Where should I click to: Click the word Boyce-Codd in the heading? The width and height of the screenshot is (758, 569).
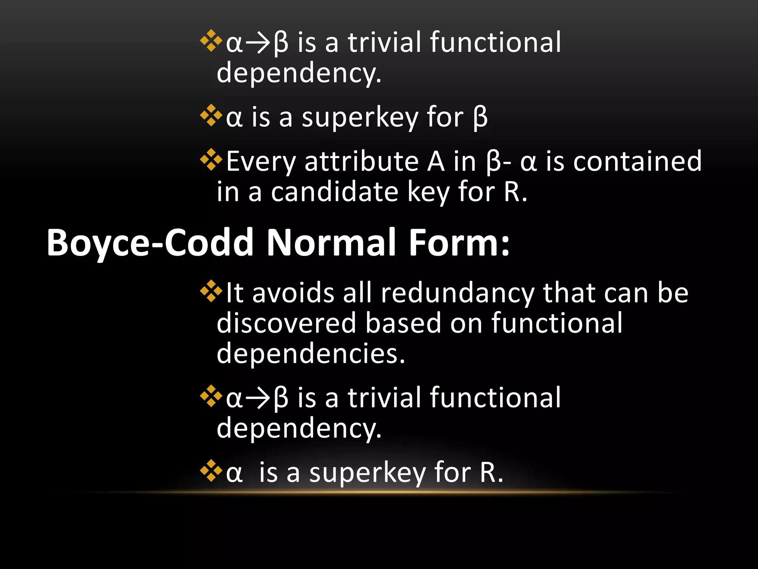tap(150, 243)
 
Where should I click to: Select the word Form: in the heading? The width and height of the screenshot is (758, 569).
tap(459, 243)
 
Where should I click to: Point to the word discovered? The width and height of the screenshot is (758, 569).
tap(286, 323)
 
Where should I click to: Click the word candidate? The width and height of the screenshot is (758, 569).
tap(334, 192)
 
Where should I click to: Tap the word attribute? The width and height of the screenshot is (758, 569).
tap(362, 162)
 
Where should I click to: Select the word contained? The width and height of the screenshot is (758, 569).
tap(637, 162)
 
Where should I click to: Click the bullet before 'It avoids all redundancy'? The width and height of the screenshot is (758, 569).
tap(211, 291)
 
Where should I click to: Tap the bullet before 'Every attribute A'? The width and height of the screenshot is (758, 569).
tap(211, 160)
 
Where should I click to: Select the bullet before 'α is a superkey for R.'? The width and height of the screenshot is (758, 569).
tap(211, 470)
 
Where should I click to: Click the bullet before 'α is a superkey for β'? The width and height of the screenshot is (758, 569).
tap(211, 115)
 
